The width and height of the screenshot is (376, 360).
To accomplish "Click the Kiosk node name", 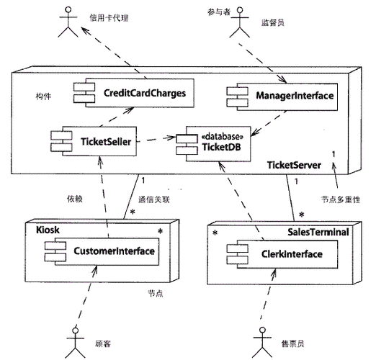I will click(49, 229).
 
